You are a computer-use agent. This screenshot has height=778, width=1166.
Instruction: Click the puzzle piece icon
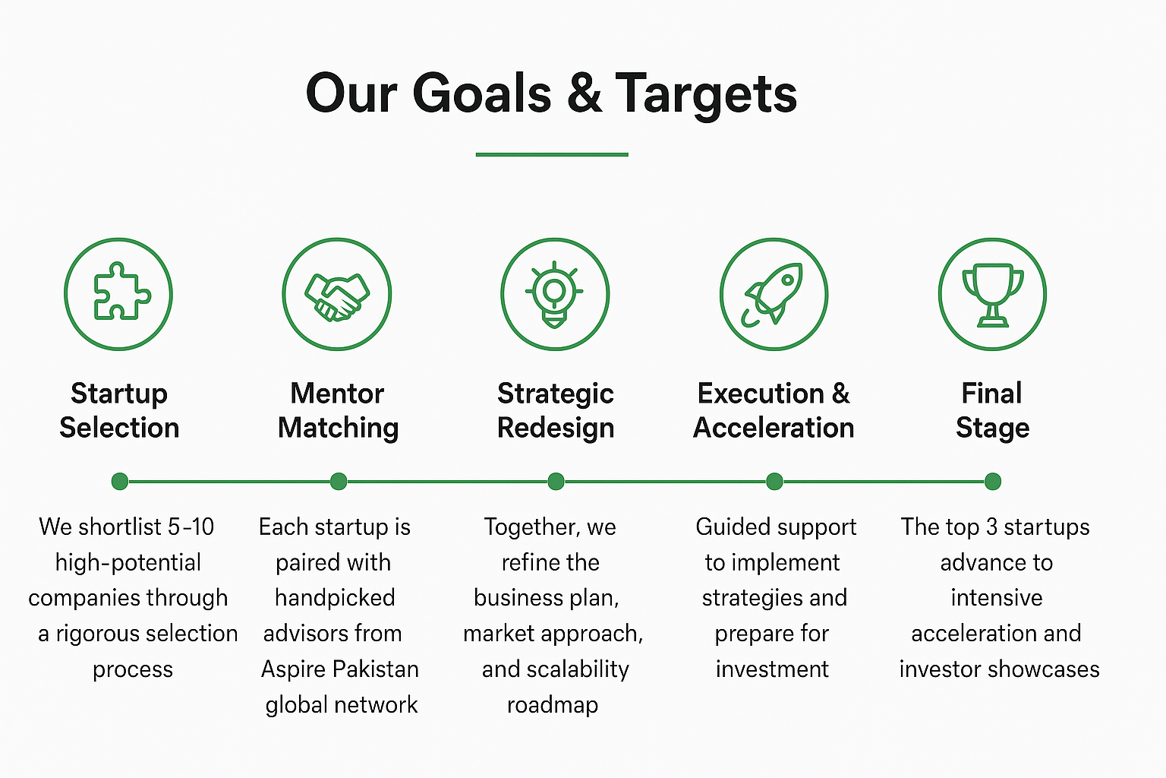pyautogui.click(x=121, y=292)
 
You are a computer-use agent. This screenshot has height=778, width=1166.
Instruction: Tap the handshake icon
pyautogui.click(x=337, y=296)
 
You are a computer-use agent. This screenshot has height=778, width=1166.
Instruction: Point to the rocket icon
pyautogui.click(x=773, y=294)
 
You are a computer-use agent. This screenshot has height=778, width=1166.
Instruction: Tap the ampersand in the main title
pyautogui.click(x=584, y=93)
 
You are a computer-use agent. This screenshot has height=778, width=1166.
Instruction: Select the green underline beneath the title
pyautogui.click(x=552, y=154)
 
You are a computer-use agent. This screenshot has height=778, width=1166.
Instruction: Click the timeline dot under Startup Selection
pyautogui.click(x=120, y=482)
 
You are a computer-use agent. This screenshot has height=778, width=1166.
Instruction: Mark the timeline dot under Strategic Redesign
pyautogui.click(x=556, y=482)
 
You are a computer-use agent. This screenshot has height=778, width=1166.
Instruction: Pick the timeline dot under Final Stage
pyautogui.click(x=993, y=482)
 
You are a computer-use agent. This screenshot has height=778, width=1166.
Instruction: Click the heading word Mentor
pyautogui.click(x=337, y=394)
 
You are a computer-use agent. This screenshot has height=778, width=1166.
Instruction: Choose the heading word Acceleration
pyautogui.click(x=774, y=428)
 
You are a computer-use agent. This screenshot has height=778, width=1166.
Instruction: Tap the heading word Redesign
pyautogui.click(x=556, y=429)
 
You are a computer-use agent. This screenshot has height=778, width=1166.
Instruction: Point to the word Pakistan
pyautogui.click(x=376, y=669)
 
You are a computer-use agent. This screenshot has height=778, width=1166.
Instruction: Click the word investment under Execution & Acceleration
pyautogui.click(x=772, y=669)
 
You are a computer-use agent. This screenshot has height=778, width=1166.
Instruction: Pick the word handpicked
pyautogui.click(x=335, y=598)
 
